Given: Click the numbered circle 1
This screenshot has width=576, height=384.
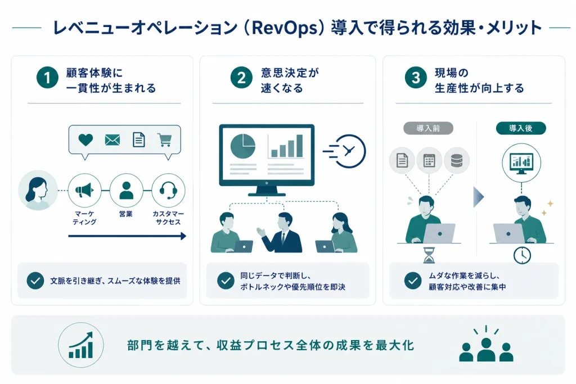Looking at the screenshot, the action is pyautogui.click(x=47, y=78).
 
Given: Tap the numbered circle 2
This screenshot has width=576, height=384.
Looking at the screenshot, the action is pyautogui.click(x=241, y=78).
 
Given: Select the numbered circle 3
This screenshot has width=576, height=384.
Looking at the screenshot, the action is pyautogui.click(x=416, y=78).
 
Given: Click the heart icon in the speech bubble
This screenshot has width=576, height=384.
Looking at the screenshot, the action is pyautogui.click(x=85, y=140).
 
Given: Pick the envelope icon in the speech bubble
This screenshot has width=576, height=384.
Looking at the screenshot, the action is pyautogui.click(x=112, y=140).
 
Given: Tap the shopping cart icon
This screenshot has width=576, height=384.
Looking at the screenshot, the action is pyautogui.click(x=165, y=140).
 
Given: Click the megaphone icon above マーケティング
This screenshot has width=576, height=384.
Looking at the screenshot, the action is pyautogui.click(x=84, y=191).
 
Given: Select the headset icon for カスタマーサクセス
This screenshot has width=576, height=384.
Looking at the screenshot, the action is pyautogui.click(x=168, y=191).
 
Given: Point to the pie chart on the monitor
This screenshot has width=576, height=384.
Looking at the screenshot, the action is pyautogui.click(x=243, y=146).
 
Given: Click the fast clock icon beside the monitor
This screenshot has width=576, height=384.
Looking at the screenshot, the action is pyautogui.click(x=345, y=151).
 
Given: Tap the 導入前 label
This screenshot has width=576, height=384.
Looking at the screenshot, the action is pyautogui.click(x=428, y=129).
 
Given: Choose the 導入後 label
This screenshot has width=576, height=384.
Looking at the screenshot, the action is pyautogui.click(x=521, y=129).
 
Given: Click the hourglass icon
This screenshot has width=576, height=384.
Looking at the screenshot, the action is pyautogui.click(x=429, y=255).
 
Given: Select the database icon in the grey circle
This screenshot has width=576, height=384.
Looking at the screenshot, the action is pyautogui.click(x=457, y=161).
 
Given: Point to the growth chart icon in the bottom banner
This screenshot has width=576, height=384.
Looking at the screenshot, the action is pyautogui.click(x=81, y=345).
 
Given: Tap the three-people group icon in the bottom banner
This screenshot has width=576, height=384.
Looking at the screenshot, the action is pyautogui.click(x=486, y=346).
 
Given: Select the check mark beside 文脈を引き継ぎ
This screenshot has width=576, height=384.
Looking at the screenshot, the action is pyautogui.click(x=35, y=281).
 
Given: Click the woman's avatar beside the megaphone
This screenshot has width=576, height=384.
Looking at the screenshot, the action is pyautogui.click(x=38, y=191).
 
